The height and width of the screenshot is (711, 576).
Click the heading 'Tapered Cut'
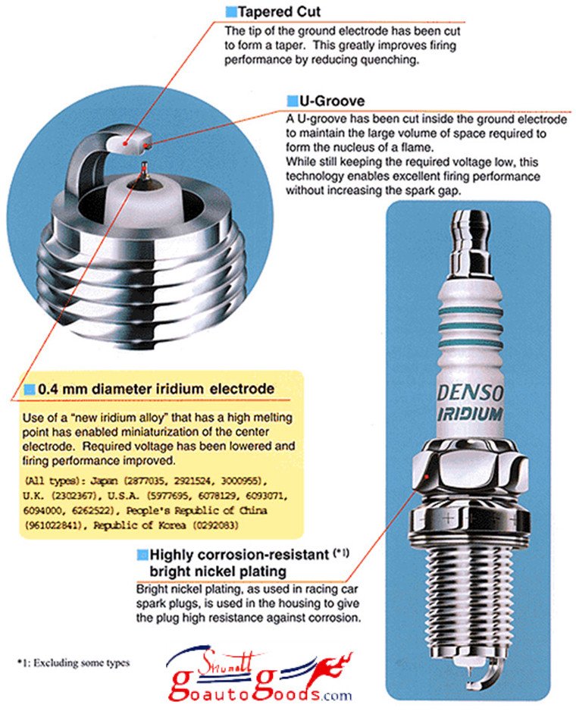280,11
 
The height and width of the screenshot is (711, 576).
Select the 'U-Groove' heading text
332,101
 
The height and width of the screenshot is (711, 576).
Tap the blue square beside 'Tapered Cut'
231,12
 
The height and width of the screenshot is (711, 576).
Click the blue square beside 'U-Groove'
293,101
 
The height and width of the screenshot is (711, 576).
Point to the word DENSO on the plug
470,392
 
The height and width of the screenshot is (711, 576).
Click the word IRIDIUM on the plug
470,414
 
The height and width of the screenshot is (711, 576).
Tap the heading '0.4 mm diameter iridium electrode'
156,389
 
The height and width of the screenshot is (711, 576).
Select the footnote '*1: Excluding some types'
74,663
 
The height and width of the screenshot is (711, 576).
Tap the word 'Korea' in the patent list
172,525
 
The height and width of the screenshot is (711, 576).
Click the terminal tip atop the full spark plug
471,225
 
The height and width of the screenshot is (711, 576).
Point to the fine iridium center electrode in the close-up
145,170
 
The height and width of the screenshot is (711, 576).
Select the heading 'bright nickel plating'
218,571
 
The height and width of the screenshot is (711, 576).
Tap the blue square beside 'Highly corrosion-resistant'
142,555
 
